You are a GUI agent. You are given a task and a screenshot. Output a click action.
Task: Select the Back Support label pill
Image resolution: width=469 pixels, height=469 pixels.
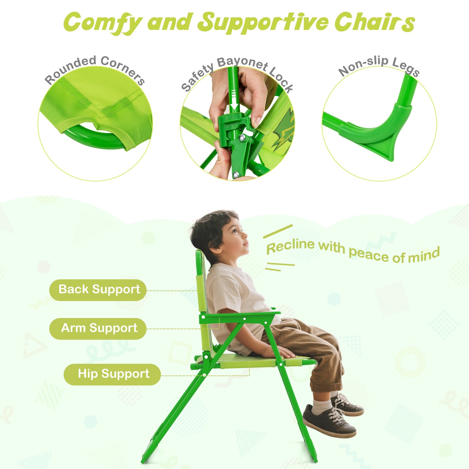(x=98, y=290)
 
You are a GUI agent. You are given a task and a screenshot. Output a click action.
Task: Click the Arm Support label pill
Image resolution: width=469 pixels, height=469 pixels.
(x=98, y=328)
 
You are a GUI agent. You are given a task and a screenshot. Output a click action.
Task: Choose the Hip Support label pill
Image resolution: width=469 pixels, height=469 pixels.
(x=112, y=374)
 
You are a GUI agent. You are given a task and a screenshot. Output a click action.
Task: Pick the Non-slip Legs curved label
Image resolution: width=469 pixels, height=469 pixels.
(x=379, y=66)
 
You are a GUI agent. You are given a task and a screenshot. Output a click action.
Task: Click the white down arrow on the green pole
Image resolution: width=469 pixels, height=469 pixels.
(x=234, y=107)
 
